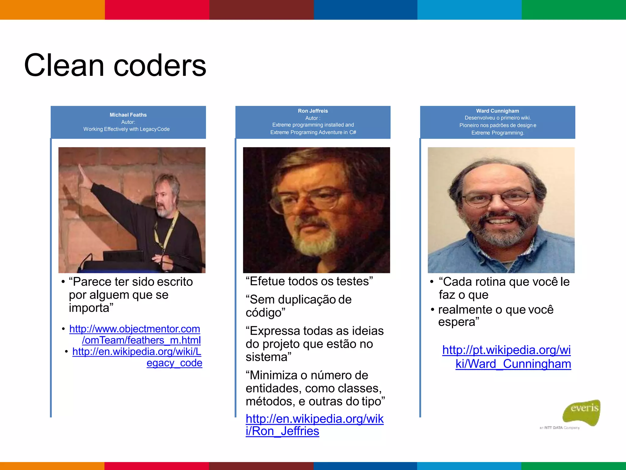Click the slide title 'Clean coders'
coord(115,65)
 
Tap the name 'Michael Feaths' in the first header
coord(128,115)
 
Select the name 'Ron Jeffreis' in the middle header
coord(313,111)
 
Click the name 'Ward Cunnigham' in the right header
coord(497,111)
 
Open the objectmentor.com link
coord(135,334)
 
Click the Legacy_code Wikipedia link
coord(137,357)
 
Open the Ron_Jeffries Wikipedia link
coord(314,425)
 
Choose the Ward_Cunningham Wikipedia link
coord(506,357)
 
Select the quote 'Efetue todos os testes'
coord(309,281)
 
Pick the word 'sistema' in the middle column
coord(268,357)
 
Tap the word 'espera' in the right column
coord(458,322)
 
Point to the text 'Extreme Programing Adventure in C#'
coord(313,132)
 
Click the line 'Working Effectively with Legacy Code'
coord(127,129)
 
